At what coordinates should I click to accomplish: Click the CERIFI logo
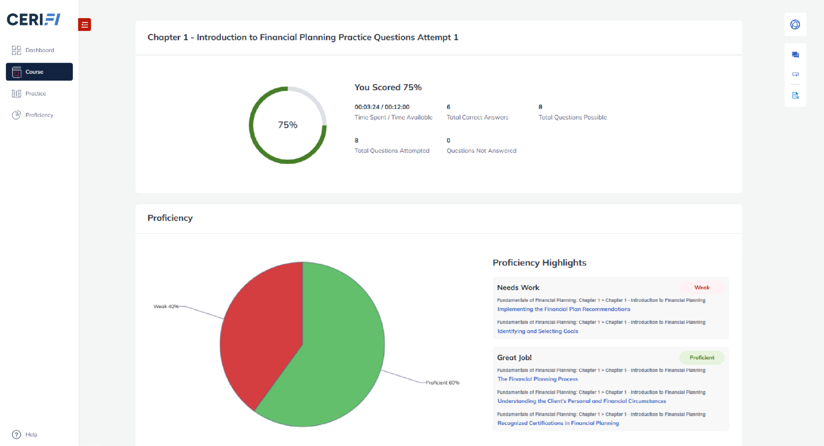point(34,19)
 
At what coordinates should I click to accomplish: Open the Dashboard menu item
point(33,50)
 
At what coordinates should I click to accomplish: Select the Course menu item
point(39,72)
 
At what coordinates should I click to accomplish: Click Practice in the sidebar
point(29,93)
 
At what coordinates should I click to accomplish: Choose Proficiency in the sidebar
point(33,115)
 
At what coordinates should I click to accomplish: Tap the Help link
point(25,434)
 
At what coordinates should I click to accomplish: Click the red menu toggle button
point(84,25)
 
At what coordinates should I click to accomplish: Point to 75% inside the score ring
point(288,125)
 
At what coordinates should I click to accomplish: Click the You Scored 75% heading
point(388,87)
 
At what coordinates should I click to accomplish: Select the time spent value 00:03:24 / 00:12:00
point(382,107)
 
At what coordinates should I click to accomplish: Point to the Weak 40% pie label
point(166,307)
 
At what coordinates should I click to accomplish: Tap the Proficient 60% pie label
point(442,383)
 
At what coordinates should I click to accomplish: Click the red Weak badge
point(702,288)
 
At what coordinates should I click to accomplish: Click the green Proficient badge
point(702,358)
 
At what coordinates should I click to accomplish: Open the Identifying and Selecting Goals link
point(538,331)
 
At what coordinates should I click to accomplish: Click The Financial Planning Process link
point(538,379)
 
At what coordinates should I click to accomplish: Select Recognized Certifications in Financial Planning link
point(558,423)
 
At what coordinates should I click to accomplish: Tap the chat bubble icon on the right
point(795,55)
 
